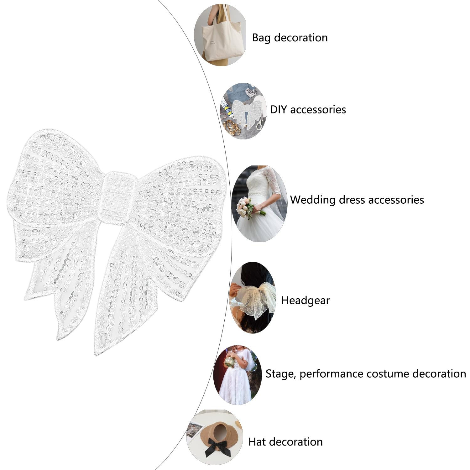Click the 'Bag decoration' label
pyautogui.click(x=290, y=38)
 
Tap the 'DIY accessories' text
pyautogui.click(x=308, y=110)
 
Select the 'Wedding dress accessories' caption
pyautogui.click(x=357, y=200)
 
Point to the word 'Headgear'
pyautogui.click(x=305, y=300)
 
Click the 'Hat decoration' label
pyautogui.click(x=285, y=442)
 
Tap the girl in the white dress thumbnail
pyautogui.click(x=237, y=375)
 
